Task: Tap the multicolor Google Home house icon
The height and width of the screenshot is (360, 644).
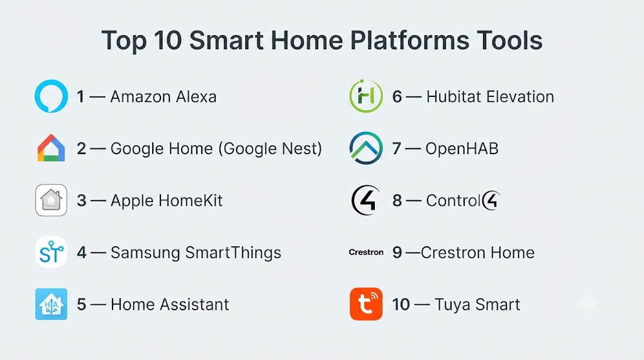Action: click(51, 148)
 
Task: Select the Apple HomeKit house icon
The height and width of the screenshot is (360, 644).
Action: click(51, 200)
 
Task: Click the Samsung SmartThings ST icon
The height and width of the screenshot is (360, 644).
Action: click(51, 252)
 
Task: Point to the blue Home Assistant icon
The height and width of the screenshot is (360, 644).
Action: click(51, 304)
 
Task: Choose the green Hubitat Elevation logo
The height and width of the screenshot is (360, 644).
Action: click(366, 96)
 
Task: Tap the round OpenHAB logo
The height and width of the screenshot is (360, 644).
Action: click(366, 148)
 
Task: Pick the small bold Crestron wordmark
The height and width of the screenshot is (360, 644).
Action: click(366, 252)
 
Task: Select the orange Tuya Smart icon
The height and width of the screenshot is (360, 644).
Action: click(366, 304)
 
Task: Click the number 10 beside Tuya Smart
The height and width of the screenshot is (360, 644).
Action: click(401, 305)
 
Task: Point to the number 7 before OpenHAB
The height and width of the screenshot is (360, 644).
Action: click(396, 149)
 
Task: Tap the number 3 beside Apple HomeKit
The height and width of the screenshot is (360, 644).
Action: click(81, 201)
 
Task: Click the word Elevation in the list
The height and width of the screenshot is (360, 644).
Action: click(519, 96)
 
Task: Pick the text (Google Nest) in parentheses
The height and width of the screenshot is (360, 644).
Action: click(270, 149)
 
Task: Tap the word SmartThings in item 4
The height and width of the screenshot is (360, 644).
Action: click(233, 253)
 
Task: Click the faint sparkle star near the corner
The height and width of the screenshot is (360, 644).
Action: click(588, 304)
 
